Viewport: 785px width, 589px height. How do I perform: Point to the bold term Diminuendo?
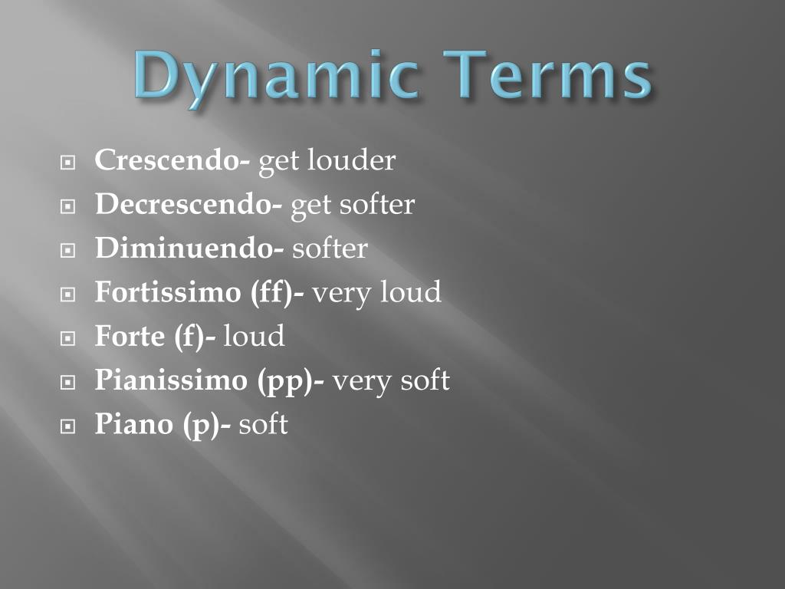(186, 248)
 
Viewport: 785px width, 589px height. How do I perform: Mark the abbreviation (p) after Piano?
(203, 424)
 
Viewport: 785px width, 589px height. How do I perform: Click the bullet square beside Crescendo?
(68, 163)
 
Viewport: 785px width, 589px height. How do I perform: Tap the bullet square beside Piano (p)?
(68, 426)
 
